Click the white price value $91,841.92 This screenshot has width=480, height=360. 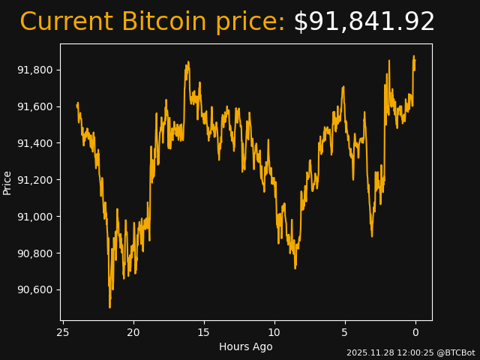click(364, 22)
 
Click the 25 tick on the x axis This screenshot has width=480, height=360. click(63, 332)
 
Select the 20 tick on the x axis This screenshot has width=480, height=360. click(133, 332)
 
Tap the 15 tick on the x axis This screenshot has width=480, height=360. click(204, 332)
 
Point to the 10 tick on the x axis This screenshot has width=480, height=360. click(274, 332)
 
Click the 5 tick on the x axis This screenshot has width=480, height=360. click(345, 332)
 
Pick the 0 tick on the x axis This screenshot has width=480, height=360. click(415, 332)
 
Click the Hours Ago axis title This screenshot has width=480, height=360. click(246, 346)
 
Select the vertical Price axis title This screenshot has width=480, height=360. click(7, 182)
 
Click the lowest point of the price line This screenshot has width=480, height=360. click(109, 307)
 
